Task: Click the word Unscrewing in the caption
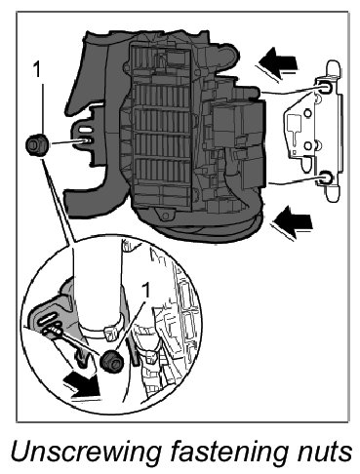86,452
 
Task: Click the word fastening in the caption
228,452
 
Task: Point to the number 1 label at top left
38,70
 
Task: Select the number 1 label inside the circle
146,290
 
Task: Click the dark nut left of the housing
37,144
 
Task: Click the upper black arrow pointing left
278,62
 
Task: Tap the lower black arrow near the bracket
292,222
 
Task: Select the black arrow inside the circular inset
81,386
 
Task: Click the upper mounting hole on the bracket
325,88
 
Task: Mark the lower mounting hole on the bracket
327,178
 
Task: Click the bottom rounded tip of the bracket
334,193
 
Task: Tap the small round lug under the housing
165,216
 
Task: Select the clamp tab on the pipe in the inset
111,334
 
